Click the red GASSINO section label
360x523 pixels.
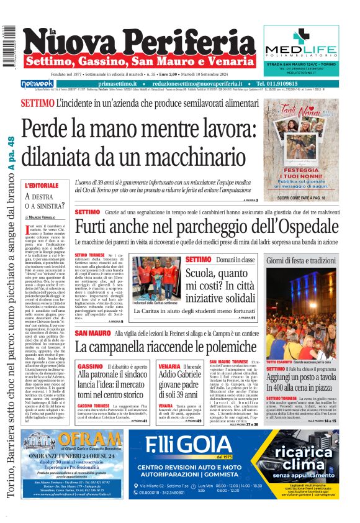click(x=86, y=367)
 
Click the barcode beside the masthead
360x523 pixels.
click(x=9, y=46)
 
